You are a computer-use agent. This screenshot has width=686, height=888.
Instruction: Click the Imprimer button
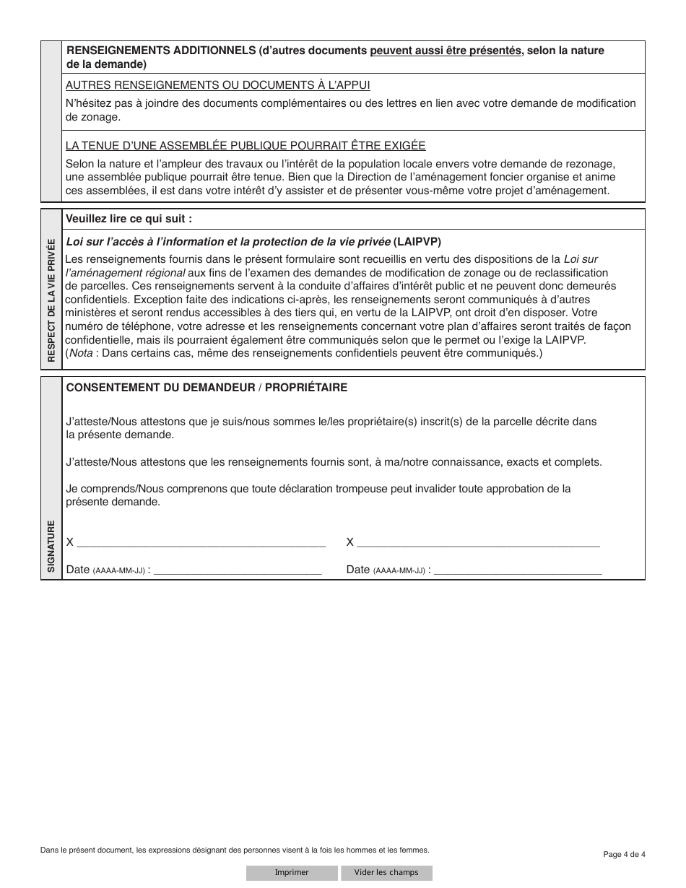292,872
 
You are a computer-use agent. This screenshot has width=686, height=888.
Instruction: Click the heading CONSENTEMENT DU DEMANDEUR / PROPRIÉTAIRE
207,388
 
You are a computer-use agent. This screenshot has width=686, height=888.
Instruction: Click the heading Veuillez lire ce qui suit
129,218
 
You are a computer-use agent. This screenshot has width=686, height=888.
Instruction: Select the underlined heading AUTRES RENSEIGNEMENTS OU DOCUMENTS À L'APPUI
217,85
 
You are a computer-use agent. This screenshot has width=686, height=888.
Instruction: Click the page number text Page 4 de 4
624,854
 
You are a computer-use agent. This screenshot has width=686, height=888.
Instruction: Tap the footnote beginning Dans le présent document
235,850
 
